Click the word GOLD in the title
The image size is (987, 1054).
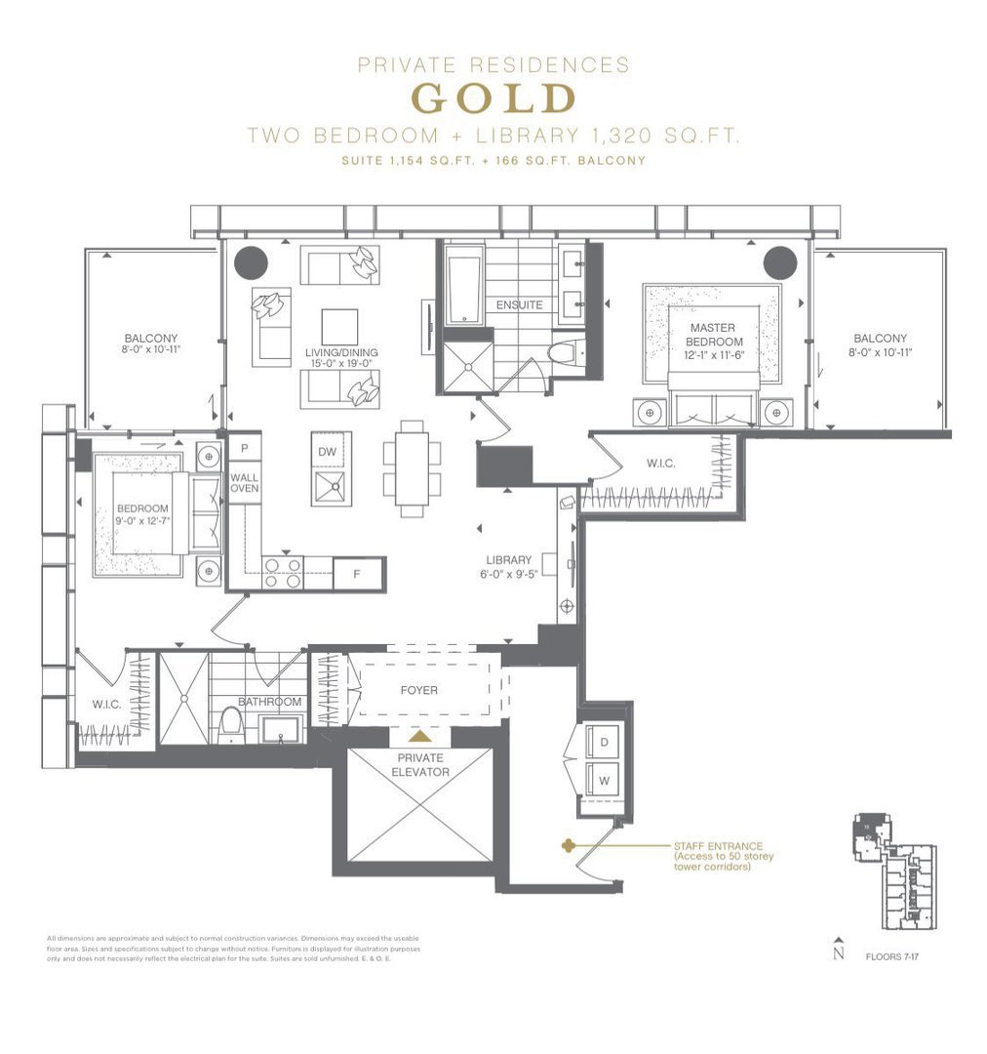493,99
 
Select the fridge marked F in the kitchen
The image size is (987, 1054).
357,575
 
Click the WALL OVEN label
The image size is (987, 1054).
244,482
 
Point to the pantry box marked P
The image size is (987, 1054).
244,449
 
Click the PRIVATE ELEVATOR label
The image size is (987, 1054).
421,764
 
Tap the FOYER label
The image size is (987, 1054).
419,690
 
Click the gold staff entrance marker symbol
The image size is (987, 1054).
567,846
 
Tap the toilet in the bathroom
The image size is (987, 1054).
231,720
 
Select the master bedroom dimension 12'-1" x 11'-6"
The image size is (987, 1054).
710,356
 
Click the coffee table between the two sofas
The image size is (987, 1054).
339,326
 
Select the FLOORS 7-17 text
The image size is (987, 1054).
892,956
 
